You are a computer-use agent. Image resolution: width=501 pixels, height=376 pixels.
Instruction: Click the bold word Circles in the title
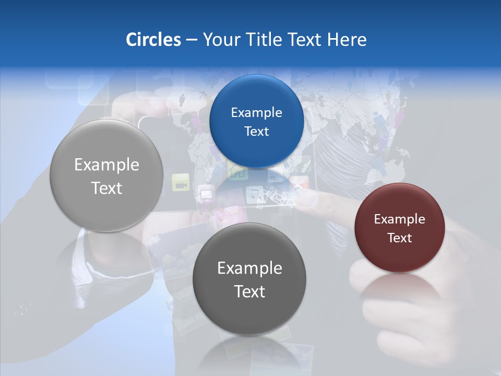click(153, 40)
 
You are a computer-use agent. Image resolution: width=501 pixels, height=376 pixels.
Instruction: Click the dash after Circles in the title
click(191, 40)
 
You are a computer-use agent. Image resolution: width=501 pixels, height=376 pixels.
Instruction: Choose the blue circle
click(256, 121)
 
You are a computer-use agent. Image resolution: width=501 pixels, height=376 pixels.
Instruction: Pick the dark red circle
click(399, 228)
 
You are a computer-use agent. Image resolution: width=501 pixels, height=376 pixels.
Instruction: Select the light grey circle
click(106, 175)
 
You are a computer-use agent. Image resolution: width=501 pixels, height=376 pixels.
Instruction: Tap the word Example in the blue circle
click(256, 112)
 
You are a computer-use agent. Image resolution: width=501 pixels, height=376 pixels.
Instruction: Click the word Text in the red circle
click(400, 238)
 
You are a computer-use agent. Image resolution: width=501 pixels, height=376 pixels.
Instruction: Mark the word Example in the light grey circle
click(106, 165)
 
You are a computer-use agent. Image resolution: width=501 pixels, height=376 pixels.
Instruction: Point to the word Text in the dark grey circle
click(249, 291)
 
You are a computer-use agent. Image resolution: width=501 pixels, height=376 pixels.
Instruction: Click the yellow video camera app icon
click(181, 182)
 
